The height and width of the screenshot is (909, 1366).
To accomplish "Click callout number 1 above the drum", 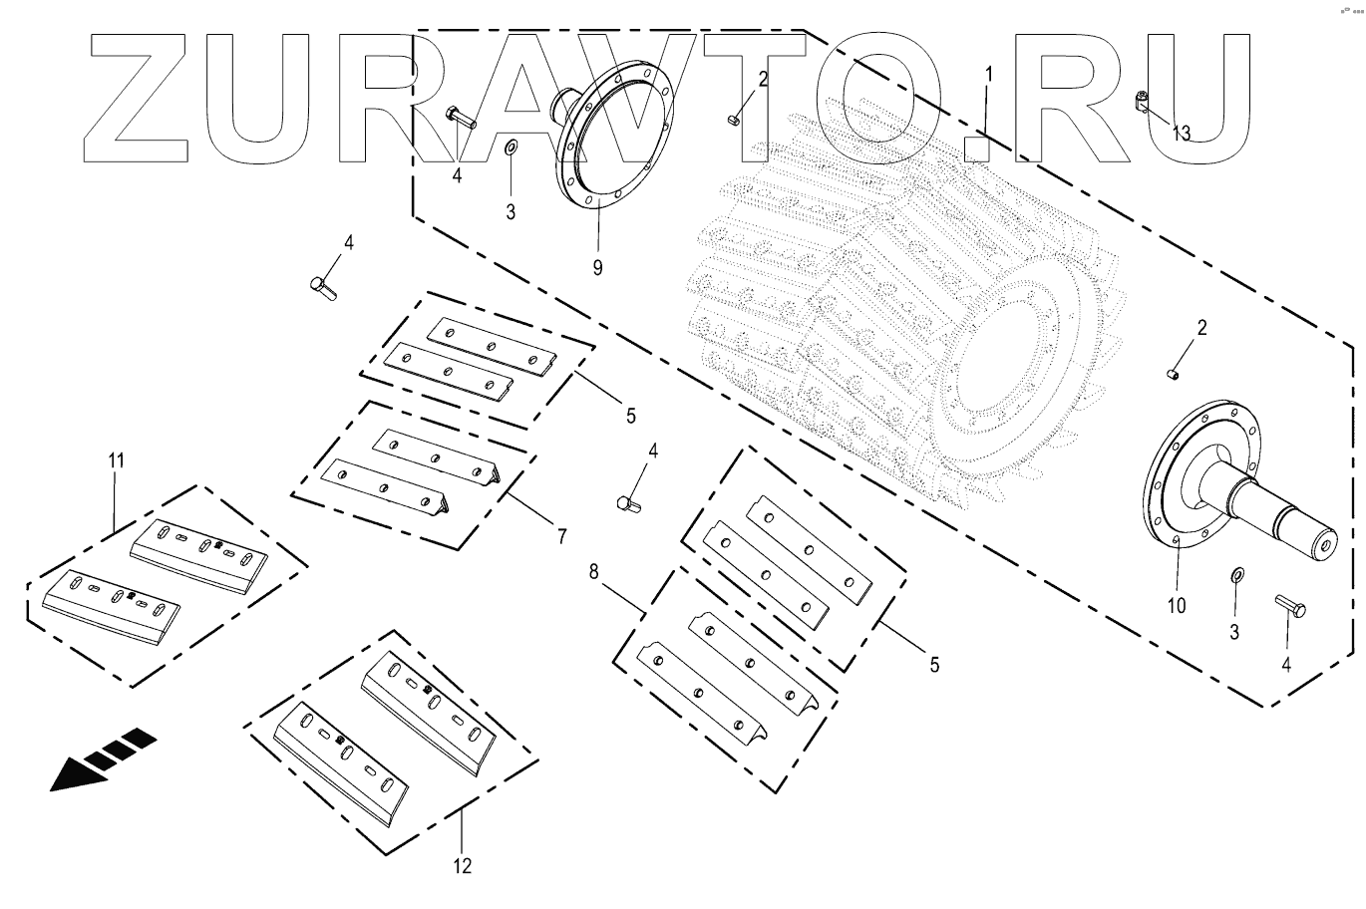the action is pyautogui.click(x=988, y=74).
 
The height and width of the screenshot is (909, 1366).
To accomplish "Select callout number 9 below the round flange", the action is pyautogui.click(x=597, y=267).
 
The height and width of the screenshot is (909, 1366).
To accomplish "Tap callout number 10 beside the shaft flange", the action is pyautogui.click(x=1177, y=605).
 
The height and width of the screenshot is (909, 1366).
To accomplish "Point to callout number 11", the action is pyautogui.click(x=117, y=460).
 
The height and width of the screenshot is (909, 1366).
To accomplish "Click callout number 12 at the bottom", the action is pyautogui.click(x=463, y=865).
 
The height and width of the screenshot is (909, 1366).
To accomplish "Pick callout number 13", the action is pyautogui.click(x=1181, y=134).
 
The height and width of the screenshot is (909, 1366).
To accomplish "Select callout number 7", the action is pyautogui.click(x=561, y=536).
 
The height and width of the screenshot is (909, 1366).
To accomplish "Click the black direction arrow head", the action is pyautogui.click(x=80, y=770).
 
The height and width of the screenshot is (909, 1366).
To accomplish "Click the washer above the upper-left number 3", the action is pyautogui.click(x=510, y=149).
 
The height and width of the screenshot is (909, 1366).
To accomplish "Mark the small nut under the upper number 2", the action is pyautogui.click(x=732, y=120).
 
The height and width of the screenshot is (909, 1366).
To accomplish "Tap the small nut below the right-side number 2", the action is pyautogui.click(x=1174, y=374).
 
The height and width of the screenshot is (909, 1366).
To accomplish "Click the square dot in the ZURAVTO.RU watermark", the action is pyautogui.click(x=976, y=150).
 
